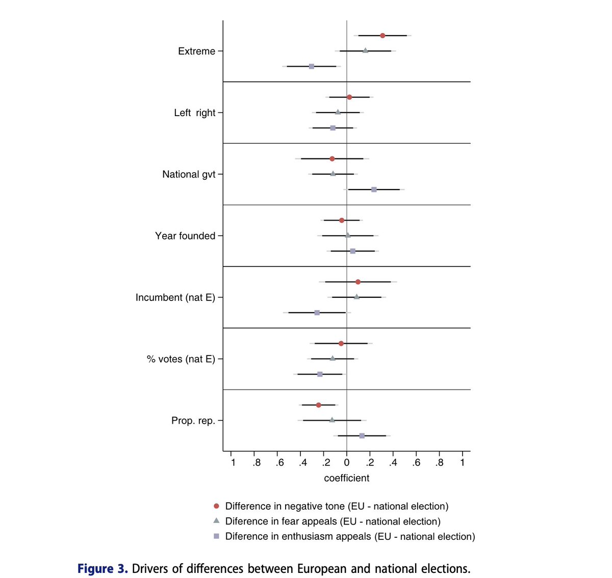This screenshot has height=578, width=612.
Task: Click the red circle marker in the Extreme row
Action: [x=382, y=35]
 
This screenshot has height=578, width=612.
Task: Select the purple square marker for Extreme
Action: [x=312, y=66]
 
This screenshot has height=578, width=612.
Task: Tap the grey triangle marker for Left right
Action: [x=338, y=112]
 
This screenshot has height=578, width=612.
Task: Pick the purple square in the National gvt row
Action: [x=374, y=189]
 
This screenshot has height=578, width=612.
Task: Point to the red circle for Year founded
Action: [x=342, y=220]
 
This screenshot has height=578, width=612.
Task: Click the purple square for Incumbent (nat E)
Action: [x=317, y=313]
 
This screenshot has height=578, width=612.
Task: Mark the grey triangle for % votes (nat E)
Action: [x=333, y=359]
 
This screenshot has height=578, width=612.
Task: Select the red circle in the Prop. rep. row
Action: [x=319, y=405]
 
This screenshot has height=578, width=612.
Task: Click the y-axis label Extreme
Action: [x=196, y=51]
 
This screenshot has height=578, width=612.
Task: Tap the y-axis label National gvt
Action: [x=189, y=174]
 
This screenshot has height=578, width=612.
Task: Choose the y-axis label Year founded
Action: [x=185, y=236]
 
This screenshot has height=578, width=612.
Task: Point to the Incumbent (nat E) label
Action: [x=175, y=297]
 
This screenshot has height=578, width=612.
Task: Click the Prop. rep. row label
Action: [x=193, y=421]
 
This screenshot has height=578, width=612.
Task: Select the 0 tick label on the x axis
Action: [x=347, y=462]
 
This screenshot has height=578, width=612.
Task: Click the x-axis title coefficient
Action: [x=347, y=478]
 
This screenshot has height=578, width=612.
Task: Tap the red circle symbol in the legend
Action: [x=216, y=506]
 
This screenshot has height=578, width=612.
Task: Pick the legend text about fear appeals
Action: [x=333, y=521]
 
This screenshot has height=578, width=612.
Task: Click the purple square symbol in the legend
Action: [x=216, y=536]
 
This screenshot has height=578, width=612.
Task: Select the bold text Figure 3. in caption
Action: [x=103, y=568]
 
